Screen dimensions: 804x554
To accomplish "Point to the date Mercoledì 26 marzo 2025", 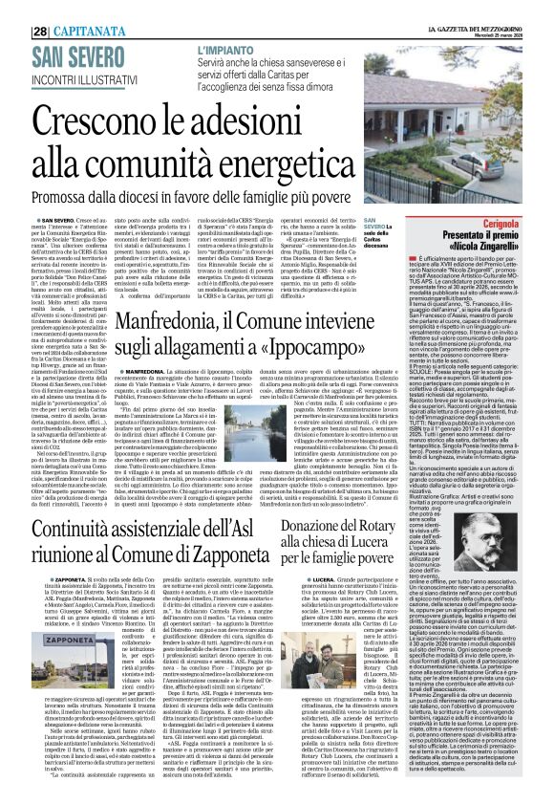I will (498, 13).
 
